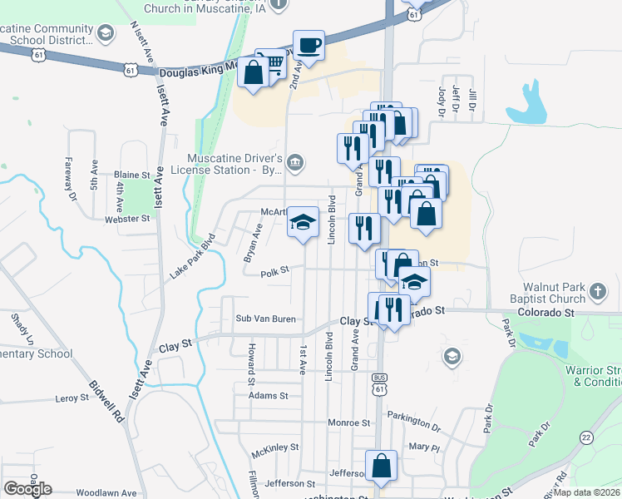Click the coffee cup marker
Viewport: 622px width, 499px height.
pyautogui.click(x=309, y=46)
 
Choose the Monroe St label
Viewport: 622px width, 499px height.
pyautogui.click(x=348, y=422)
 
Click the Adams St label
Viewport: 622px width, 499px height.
pyautogui.click(x=268, y=396)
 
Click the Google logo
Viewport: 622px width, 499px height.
pyautogui.click(x=27, y=489)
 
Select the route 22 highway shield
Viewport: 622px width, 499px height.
pyautogui.click(x=586, y=437)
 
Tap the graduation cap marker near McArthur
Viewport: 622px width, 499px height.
pyautogui.click(x=303, y=221)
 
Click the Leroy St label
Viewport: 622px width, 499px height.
pyautogui.click(x=72, y=398)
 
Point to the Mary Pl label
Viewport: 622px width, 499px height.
pyautogui.click(x=424, y=447)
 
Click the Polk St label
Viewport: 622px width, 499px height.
pyautogui.click(x=274, y=271)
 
